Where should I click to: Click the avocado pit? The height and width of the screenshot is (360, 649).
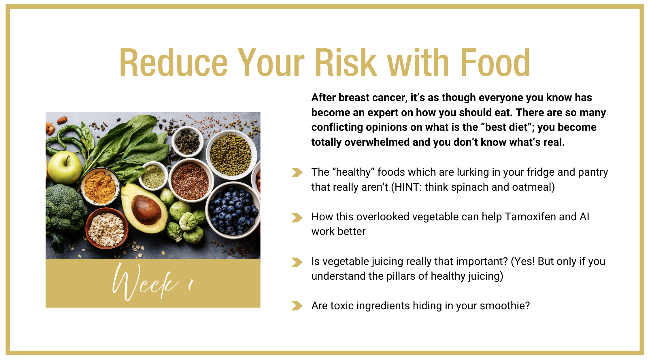146,209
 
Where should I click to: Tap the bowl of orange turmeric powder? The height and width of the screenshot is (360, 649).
100,187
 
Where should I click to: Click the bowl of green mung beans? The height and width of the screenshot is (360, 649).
231,155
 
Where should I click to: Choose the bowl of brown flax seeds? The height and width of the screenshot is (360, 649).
190,180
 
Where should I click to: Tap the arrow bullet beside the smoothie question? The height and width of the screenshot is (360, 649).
297,306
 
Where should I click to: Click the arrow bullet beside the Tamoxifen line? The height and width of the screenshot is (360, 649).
297,218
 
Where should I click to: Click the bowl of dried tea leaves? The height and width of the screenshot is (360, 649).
188,141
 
